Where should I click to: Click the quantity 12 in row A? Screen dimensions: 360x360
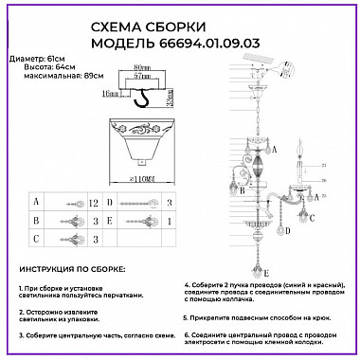point(94,202)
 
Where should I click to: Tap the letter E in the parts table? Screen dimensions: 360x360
point(110,221)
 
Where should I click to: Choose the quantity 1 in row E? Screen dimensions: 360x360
point(168,221)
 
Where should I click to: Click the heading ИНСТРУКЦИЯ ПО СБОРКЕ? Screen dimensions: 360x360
point(74,268)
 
